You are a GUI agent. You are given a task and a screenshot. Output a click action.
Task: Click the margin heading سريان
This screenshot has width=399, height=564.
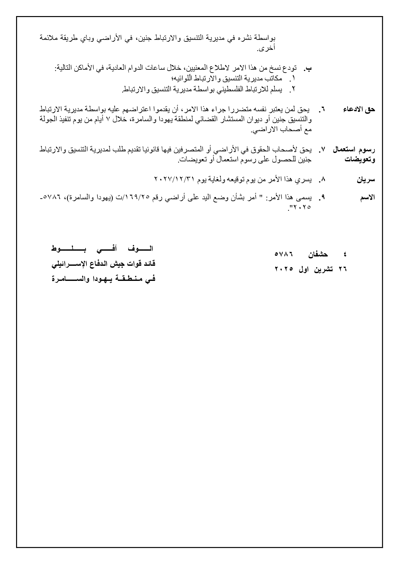366,180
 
